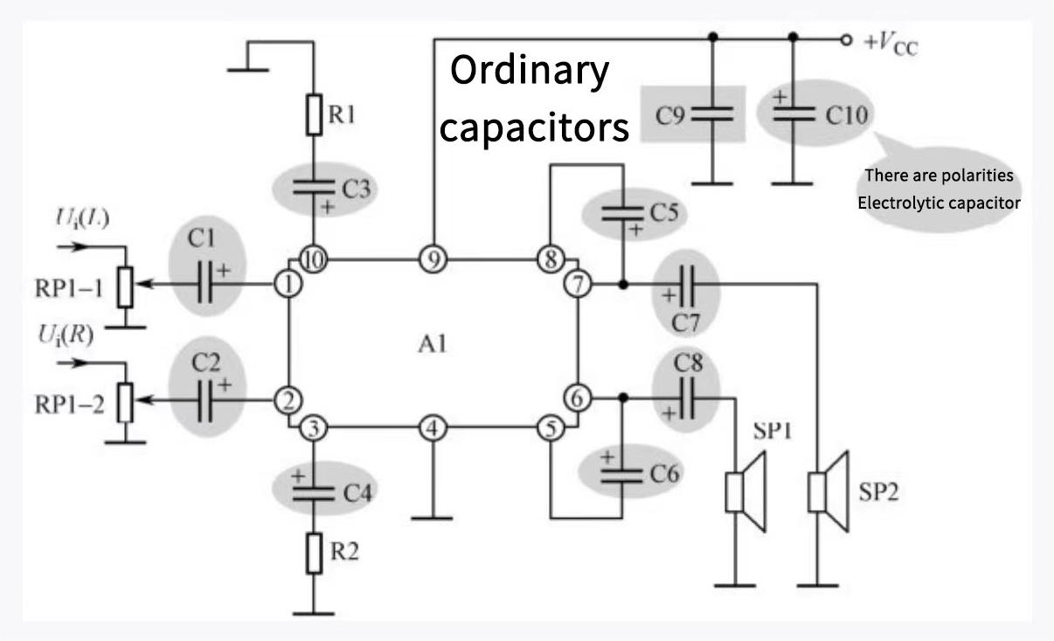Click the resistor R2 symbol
click(314, 553)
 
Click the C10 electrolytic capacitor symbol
click(794, 114)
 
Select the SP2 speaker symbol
click(827, 491)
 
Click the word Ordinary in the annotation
click(530, 71)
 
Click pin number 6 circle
click(577, 398)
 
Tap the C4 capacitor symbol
click(314, 491)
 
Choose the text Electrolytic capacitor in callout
click(939, 203)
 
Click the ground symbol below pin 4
click(432, 518)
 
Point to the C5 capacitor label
click(665, 212)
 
